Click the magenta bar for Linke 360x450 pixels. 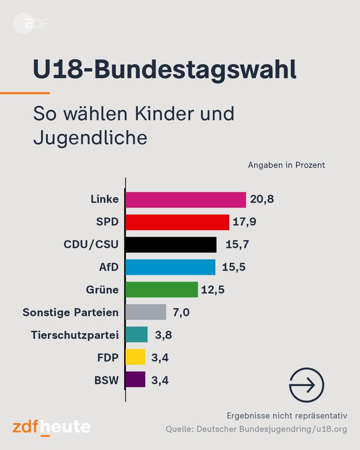coord(186,200)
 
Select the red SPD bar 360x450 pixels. coord(177,222)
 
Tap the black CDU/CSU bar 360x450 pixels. coord(171,245)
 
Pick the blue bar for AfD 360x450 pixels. coord(170,267)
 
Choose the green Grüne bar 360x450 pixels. coord(162,290)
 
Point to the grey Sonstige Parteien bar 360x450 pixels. coord(146,312)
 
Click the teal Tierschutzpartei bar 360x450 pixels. coord(136,335)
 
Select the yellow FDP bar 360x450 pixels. coord(135,357)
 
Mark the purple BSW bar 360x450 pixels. coord(135,380)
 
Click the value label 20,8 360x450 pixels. coord(262,200)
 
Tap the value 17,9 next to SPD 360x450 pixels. coord(245,222)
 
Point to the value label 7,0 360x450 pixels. coord(181,312)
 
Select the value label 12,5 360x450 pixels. coord(213,290)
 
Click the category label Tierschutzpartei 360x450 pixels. coord(75,335)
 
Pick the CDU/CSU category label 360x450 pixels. coord(91,245)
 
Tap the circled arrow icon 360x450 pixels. coord(307,385)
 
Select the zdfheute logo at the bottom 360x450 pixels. coord(52,427)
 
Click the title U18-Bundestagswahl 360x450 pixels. coord(165,70)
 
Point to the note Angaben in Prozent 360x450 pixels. coord(286,165)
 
